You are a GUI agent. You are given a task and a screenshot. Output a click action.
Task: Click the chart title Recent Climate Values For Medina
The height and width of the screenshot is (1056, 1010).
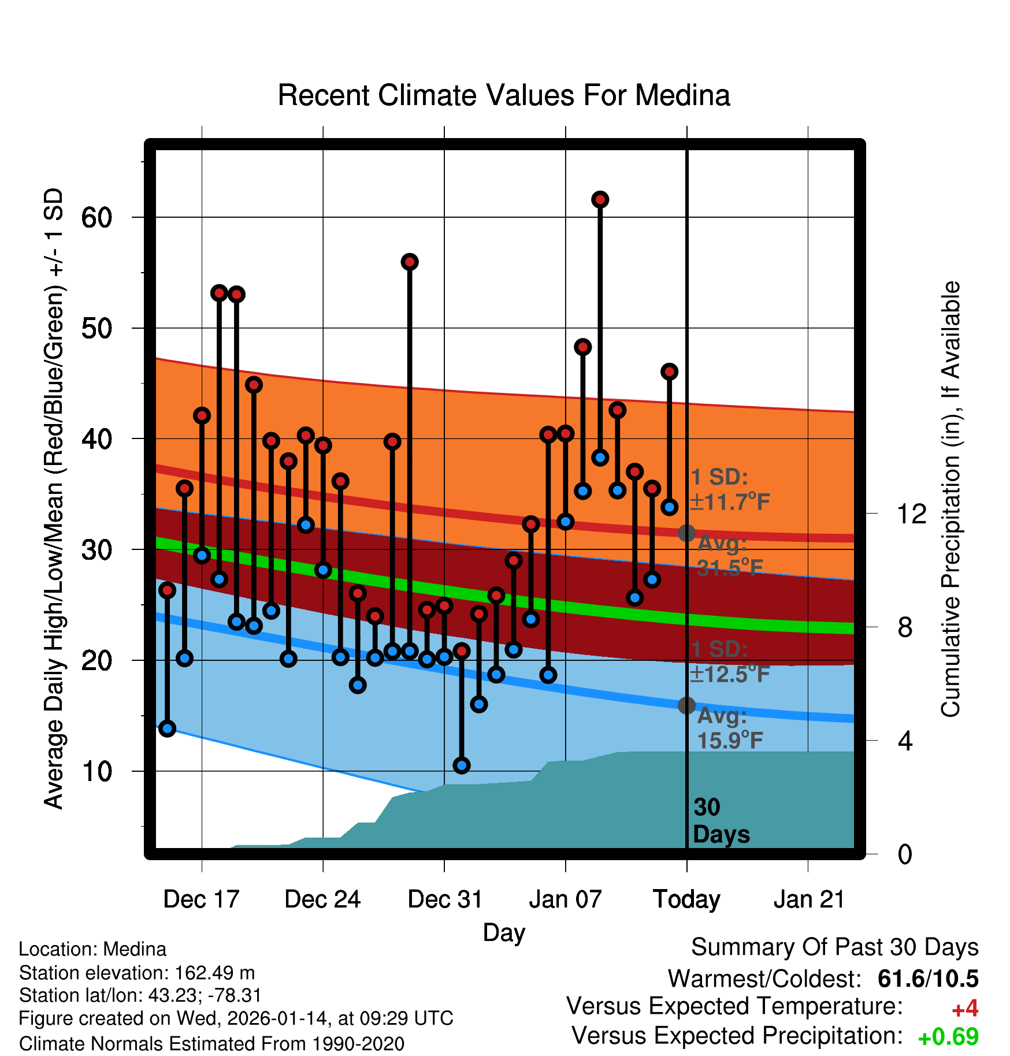pyautogui.click(x=504, y=95)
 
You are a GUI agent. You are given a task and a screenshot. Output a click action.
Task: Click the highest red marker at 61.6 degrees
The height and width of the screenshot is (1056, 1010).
pyautogui.click(x=600, y=199)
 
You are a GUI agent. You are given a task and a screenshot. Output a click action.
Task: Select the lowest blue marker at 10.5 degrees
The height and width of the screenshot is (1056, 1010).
pyautogui.click(x=461, y=765)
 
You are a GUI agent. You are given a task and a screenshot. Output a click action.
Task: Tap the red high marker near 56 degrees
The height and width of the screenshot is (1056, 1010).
pyautogui.click(x=409, y=262)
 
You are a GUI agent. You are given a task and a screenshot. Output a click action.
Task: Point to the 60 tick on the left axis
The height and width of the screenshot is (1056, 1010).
pyautogui.click(x=96, y=218)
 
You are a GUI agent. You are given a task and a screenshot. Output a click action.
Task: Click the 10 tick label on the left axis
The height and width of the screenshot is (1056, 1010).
pyautogui.click(x=96, y=771)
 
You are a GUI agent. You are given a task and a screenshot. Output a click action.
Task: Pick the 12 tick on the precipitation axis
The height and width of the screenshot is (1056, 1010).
pyautogui.click(x=911, y=514)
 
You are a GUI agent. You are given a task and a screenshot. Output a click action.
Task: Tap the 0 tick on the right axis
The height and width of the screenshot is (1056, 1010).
pyautogui.click(x=905, y=854)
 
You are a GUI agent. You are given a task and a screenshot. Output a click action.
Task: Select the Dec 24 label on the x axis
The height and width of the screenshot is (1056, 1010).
pyautogui.click(x=322, y=899)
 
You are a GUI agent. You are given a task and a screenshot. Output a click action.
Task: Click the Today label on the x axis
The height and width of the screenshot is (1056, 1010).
pyautogui.click(x=686, y=899)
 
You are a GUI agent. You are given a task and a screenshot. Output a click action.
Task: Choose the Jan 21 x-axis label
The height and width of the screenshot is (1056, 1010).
pyautogui.click(x=809, y=899)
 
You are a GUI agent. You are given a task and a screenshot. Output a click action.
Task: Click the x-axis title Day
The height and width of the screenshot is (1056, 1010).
pyautogui.click(x=504, y=932)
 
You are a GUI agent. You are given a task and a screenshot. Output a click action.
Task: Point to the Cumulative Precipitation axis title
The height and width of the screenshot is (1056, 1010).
pyautogui.click(x=950, y=499)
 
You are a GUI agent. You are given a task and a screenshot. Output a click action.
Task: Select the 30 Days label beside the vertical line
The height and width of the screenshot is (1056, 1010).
pyautogui.click(x=721, y=821)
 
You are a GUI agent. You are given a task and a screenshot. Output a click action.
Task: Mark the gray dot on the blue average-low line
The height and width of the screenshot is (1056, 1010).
pyautogui.click(x=686, y=705)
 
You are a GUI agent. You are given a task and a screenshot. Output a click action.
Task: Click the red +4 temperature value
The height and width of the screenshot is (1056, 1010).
pyautogui.click(x=964, y=1009)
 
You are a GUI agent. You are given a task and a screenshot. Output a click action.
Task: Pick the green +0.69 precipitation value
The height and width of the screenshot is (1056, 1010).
pyautogui.click(x=948, y=1037)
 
